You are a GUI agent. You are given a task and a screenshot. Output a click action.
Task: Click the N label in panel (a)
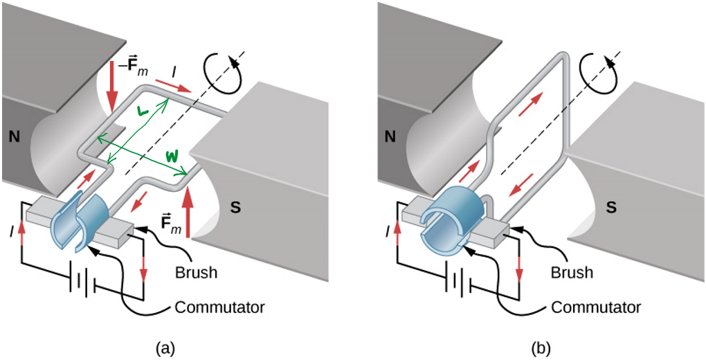[14, 137]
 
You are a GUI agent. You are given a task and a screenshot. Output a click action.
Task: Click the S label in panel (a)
[235, 207]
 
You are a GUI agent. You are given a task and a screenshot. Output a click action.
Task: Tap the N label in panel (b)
[390, 137]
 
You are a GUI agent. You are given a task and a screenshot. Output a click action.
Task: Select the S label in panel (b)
[611, 207]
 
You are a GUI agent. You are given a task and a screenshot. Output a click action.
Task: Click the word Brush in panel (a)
[197, 272]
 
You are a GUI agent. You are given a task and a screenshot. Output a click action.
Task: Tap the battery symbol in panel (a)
[85, 284]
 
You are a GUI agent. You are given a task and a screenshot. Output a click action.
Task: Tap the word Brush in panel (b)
[572, 272]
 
